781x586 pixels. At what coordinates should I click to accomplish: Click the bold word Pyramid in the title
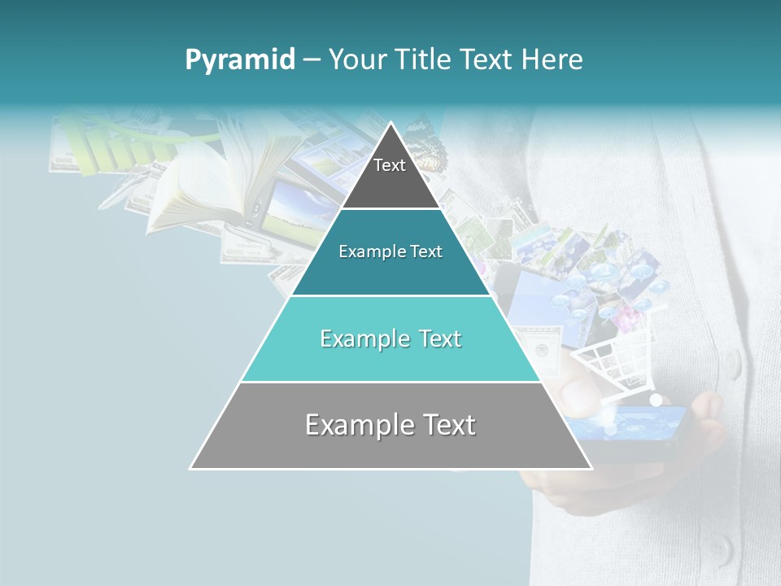(x=239, y=60)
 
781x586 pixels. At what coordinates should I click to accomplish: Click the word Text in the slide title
(x=486, y=60)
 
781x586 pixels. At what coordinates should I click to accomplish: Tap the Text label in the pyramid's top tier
(x=390, y=165)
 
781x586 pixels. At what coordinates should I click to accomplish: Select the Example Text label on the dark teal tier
(x=390, y=251)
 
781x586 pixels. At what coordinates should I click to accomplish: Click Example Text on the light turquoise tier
(x=390, y=339)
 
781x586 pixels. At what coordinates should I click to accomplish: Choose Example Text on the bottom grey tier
(x=390, y=425)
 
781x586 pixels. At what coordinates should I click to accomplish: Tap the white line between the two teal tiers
(x=390, y=295)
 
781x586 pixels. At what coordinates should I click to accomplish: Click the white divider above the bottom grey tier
(x=390, y=382)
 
